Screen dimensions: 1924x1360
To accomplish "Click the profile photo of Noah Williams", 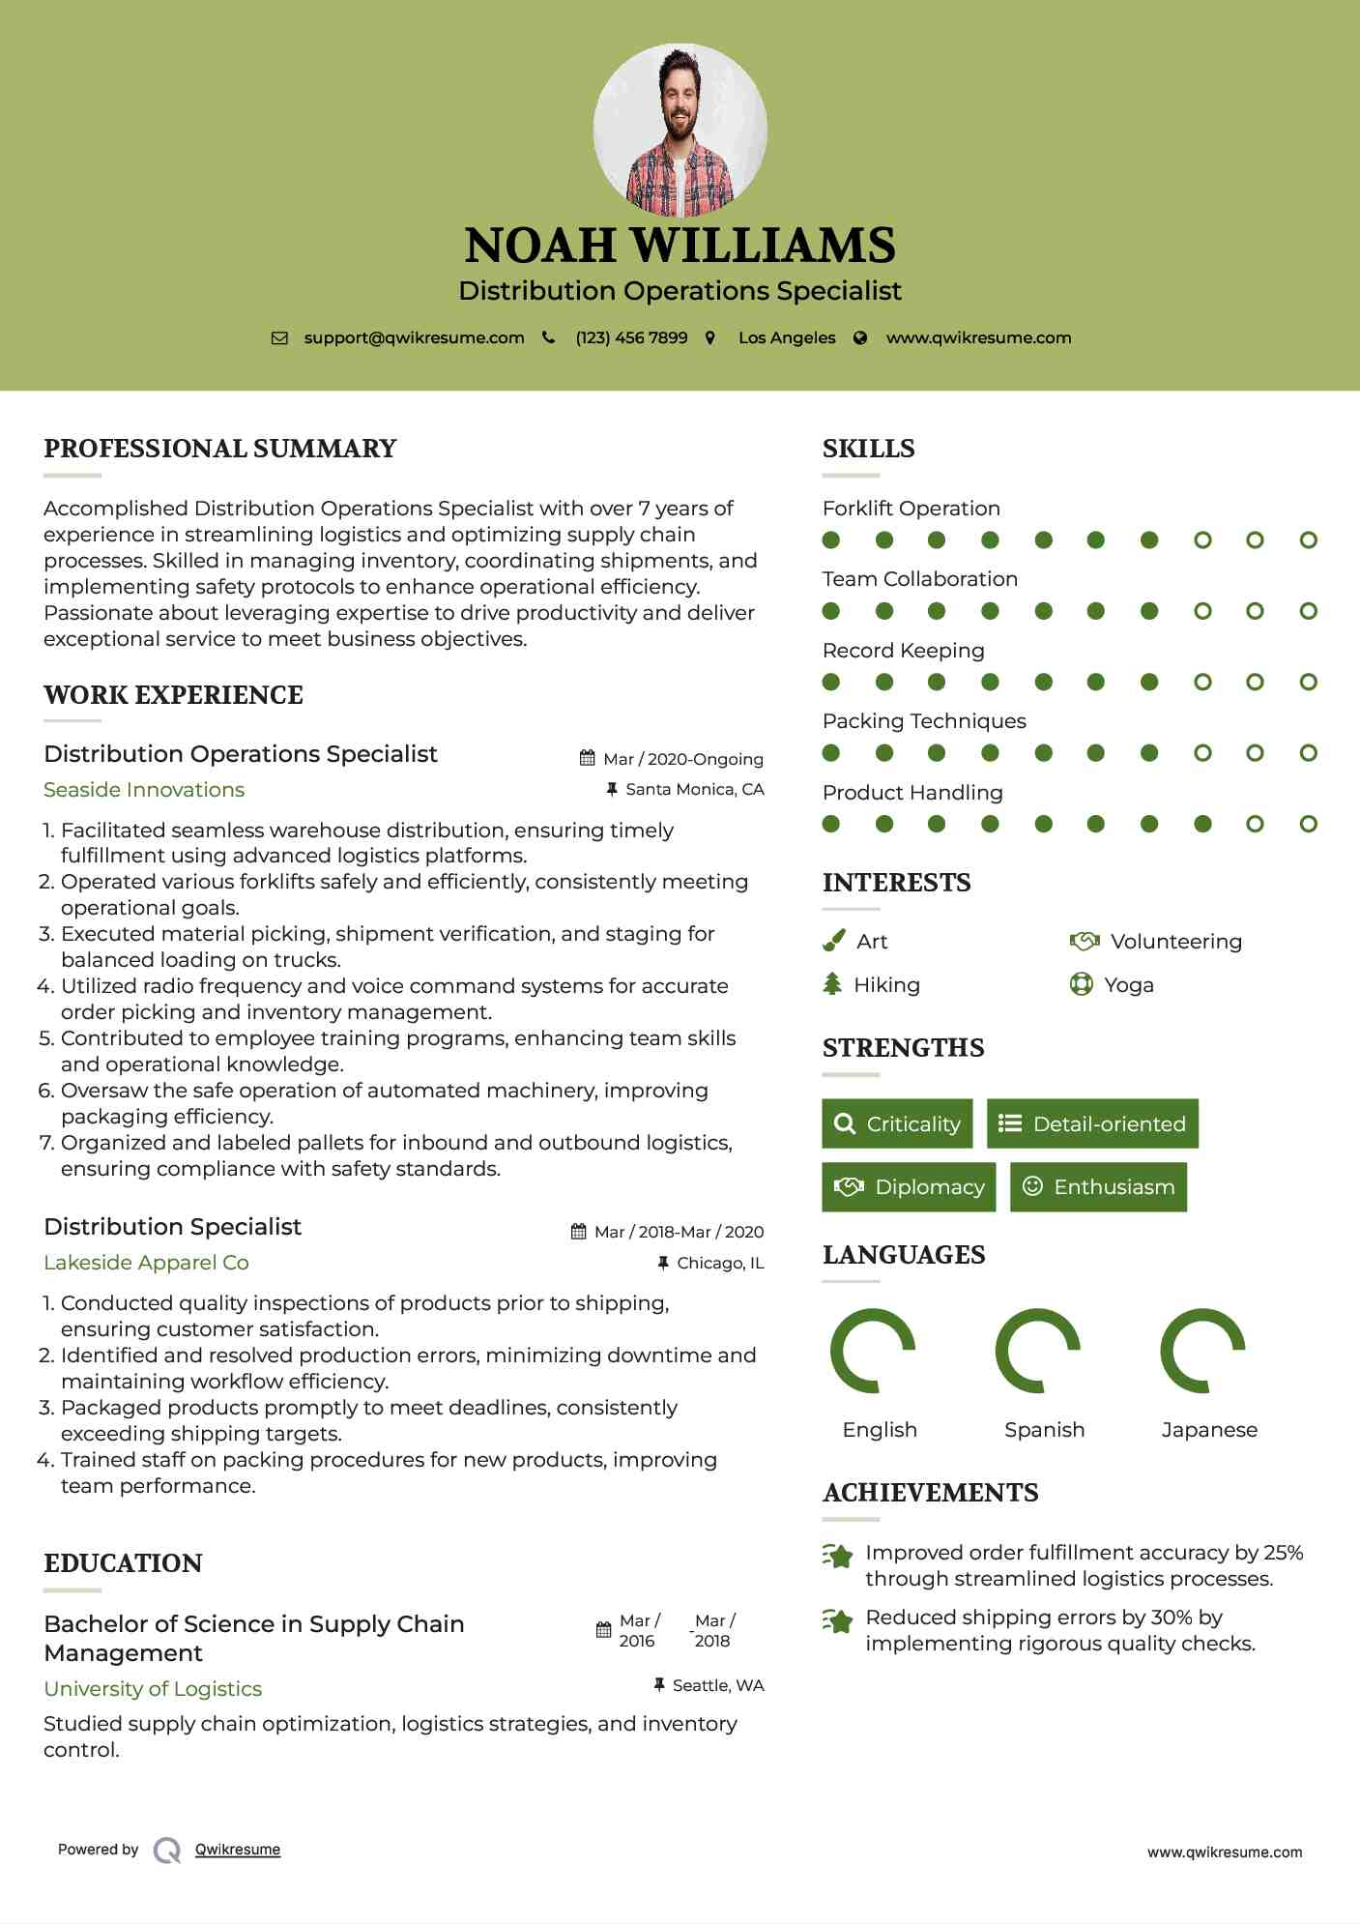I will pos(680,130).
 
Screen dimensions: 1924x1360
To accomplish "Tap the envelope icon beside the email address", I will pos(279,338).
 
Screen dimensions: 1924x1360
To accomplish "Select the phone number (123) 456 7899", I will pos(631,338).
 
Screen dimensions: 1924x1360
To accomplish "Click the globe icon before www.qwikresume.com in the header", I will pos(860,338).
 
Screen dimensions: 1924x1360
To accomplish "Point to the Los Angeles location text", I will pos(787,338).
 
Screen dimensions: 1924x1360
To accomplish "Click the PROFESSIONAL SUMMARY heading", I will pos(220,449).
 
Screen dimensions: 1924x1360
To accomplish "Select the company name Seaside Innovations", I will pos(144,790).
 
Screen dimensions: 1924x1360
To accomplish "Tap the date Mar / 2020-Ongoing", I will pos(682,759).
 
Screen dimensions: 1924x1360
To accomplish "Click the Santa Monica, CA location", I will pos(694,790).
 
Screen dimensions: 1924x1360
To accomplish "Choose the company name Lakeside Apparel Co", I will pos(146,1263).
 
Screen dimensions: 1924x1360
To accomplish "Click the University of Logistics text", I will pos(153,1689).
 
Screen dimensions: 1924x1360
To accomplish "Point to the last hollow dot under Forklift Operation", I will pos(1308,540).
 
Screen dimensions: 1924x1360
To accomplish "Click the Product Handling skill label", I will pos(912,793).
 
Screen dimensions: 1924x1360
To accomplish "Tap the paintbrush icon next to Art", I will pos(833,941).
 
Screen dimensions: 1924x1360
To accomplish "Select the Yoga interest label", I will pos(1128,985).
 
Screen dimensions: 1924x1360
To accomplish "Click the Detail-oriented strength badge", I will pos(1092,1123).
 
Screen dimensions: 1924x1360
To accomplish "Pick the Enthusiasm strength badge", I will pos(1098,1187).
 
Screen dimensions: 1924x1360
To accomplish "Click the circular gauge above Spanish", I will pos(1037,1351).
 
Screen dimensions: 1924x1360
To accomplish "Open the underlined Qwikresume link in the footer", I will pos(238,1850).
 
